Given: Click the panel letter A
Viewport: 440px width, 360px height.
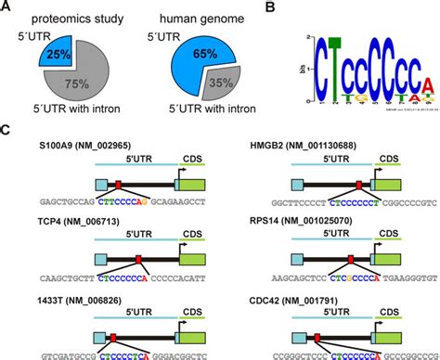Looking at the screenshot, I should tap(7, 8).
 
